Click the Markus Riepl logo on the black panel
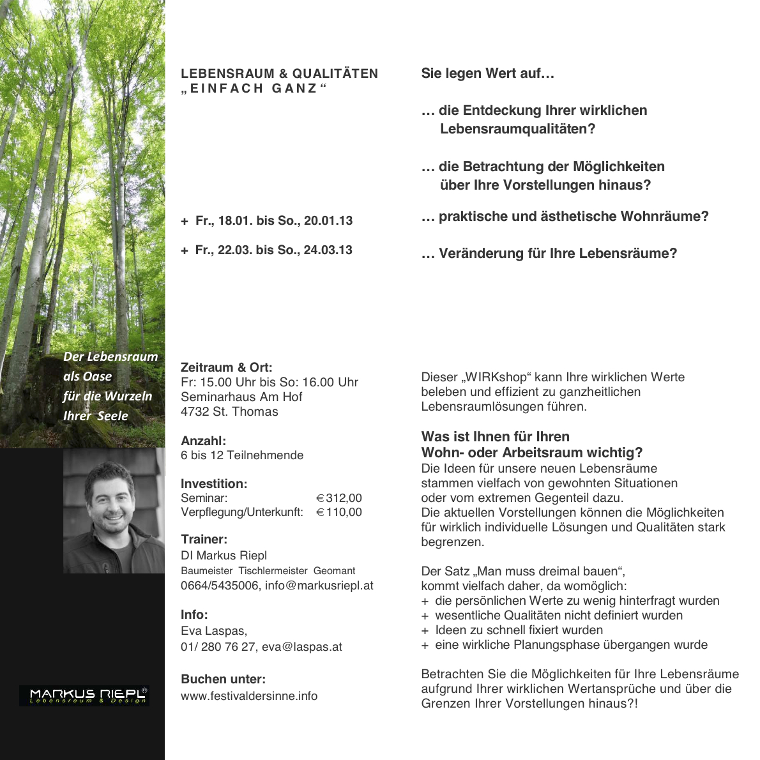[x=84, y=695]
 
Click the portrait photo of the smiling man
[x=114, y=510]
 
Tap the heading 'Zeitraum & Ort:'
[x=226, y=367]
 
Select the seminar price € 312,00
[x=339, y=498]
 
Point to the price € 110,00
[x=339, y=512]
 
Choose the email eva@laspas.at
[x=302, y=647]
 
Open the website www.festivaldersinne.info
[x=249, y=696]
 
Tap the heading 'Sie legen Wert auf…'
[x=487, y=73]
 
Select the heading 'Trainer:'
[x=204, y=539]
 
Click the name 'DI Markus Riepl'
[x=224, y=556]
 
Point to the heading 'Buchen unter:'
[x=223, y=680]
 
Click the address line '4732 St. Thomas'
[x=229, y=412]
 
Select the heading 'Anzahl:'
[x=203, y=441]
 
